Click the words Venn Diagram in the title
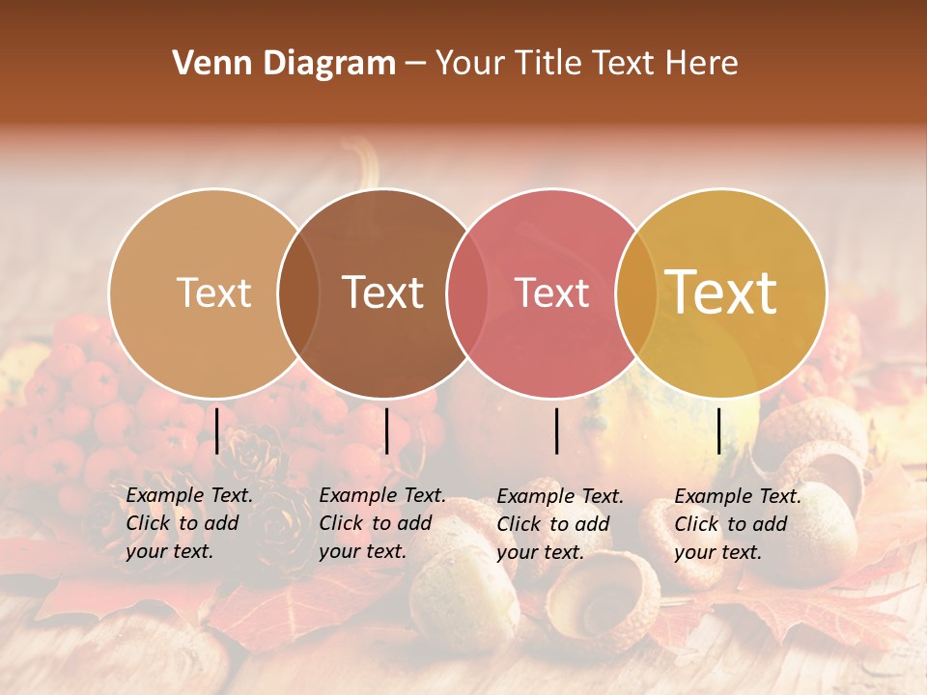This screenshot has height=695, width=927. [x=284, y=64]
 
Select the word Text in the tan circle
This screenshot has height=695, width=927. [x=214, y=292]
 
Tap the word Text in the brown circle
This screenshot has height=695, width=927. [x=383, y=292]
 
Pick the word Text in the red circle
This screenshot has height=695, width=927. [x=552, y=292]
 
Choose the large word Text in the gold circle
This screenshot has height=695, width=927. [x=721, y=292]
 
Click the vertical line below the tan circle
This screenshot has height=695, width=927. [x=217, y=431]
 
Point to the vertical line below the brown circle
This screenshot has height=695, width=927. [x=386, y=431]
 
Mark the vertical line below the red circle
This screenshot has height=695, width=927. [x=557, y=431]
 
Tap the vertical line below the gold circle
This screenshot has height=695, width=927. [x=719, y=431]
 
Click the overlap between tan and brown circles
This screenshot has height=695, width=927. [x=298, y=292]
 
